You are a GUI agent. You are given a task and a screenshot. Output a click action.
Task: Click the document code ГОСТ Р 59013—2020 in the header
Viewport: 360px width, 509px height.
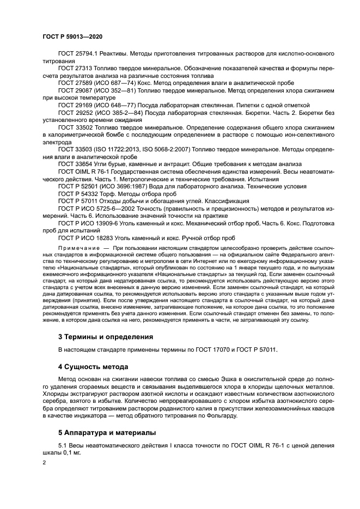(72, 36)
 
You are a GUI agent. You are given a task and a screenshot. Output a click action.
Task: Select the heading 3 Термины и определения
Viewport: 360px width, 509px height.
(106, 337)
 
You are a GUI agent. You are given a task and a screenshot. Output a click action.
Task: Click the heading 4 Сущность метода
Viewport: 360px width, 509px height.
(93, 367)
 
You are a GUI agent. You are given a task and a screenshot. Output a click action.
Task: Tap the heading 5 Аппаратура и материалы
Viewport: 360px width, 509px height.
(107, 433)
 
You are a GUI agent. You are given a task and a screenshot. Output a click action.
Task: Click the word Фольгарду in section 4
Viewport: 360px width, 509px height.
(221, 417)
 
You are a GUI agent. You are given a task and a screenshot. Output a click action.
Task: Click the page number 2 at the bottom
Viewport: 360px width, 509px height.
(45, 462)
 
